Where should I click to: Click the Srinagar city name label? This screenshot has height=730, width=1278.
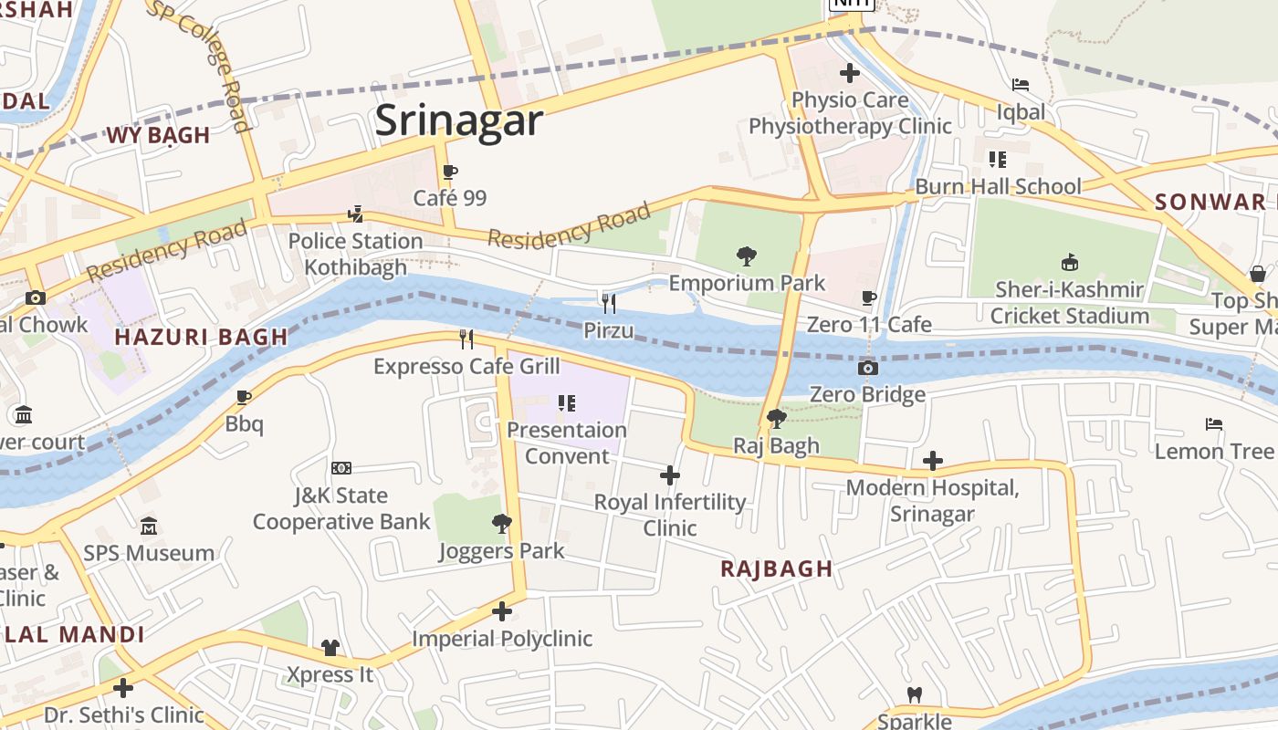point(459,120)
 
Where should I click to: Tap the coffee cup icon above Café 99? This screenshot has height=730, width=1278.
point(449,172)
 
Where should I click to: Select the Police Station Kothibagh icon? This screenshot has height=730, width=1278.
point(356,214)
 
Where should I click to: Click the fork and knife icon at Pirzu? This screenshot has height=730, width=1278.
point(608,303)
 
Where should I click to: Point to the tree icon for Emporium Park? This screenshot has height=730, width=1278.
point(746,256)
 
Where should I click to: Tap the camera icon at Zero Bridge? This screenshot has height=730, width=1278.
point(867,368)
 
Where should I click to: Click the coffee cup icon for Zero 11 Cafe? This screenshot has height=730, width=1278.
point(869,297)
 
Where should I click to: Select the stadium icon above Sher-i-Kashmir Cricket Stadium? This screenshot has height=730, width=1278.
point(1069,264)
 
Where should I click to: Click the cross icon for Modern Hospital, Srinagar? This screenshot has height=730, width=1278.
point(932,461)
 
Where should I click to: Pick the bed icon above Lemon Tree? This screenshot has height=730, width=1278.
point(1213,424)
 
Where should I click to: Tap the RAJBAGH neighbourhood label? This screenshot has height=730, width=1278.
point(777,569)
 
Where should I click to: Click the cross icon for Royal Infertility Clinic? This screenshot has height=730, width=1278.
point(670,475)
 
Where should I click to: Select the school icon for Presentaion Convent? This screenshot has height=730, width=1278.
point(566,402)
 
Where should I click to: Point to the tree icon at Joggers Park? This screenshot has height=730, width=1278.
point(501,524)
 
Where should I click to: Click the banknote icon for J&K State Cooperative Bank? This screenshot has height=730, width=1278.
point(340,468)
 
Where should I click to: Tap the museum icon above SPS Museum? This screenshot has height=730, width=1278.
point(149,527)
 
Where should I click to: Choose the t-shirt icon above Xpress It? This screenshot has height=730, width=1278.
point(330,648)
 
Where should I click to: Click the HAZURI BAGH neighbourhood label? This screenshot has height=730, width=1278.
point(202,337)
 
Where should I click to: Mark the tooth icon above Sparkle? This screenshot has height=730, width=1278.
point(914,694)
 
